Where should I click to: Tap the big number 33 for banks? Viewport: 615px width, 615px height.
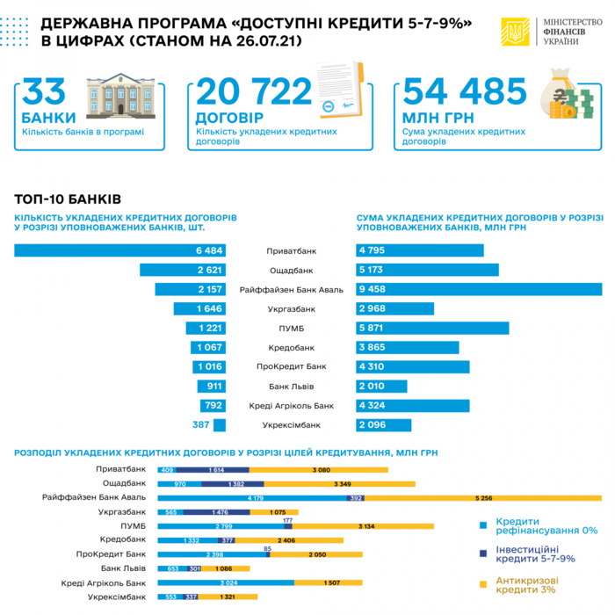pyautogui.click(x=44, y=93)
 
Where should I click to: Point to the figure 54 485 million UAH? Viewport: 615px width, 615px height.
pyautogui.click(x=462, y=92)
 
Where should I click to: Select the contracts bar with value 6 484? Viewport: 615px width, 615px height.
pyautogui.click(x=119, y=250)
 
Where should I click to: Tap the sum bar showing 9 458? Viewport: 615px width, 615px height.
pyautogui.click(x=478, y=289)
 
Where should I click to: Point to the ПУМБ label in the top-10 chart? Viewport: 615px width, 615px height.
pyautogui.click(x=291, y=328)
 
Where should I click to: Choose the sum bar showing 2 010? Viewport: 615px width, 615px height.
pyautogui.click(x=381, y=386)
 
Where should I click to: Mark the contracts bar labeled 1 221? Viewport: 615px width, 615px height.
pyautogui.click(x=206, y=328)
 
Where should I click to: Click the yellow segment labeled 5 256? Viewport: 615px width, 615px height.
pyautogui.click(x=482, y=497)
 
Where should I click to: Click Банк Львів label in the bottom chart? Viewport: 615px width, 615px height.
pyautogui.click(x=123, y=568)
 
